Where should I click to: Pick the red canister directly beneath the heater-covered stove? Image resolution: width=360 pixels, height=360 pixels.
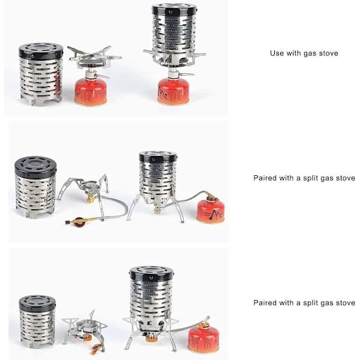[173, 92]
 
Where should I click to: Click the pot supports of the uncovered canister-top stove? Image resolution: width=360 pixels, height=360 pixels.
[94, 55]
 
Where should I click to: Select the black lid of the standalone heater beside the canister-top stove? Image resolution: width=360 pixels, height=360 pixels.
[41, 50]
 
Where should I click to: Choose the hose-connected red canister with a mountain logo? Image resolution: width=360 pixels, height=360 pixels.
[211, 211]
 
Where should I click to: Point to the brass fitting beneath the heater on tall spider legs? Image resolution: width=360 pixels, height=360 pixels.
[157, 210]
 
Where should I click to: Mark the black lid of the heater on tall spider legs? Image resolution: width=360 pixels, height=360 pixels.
[158, 157]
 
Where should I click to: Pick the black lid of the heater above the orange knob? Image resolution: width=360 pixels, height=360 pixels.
[152, 273]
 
